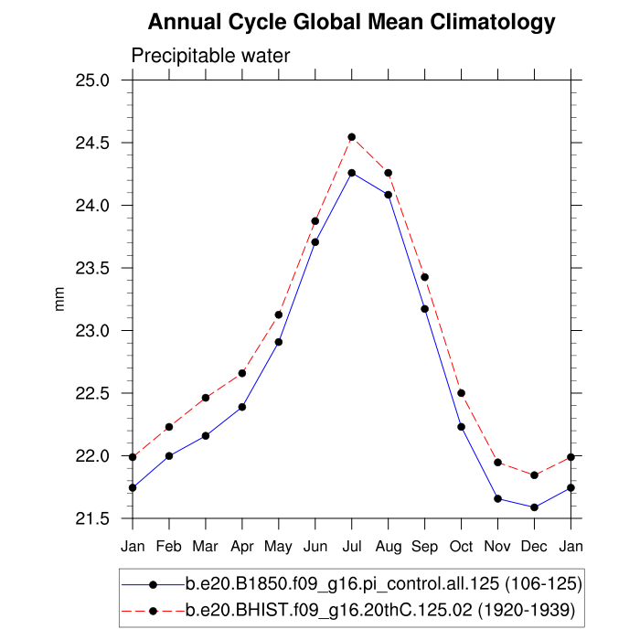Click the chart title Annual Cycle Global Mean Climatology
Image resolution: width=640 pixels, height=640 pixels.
351,21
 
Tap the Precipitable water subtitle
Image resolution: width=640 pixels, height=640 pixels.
210,56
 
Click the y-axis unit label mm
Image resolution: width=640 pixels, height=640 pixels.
60,300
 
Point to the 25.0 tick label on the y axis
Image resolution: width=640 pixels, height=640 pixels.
91,80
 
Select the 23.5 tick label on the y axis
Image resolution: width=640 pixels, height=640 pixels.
91,269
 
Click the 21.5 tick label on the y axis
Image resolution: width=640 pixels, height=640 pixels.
91,519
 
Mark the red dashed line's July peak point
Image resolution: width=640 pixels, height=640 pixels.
351,137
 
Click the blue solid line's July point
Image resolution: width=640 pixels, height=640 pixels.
351,173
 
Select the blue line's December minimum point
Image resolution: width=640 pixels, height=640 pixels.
534,507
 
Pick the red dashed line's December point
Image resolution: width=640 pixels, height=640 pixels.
534,475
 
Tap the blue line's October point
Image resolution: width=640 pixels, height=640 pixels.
461,427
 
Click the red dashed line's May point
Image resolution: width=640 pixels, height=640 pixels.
279,315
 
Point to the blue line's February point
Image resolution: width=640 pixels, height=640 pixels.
169,455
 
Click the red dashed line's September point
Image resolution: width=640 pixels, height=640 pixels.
424,277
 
